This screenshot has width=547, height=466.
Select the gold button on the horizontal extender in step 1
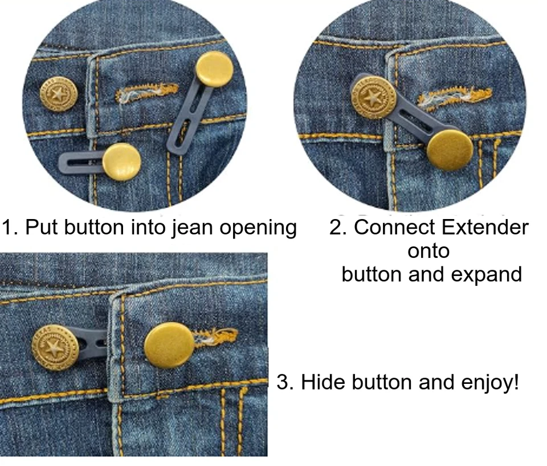pos(121,161)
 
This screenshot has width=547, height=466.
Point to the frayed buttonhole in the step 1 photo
pos(147,93)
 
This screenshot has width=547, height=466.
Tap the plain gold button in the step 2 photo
pos(450,148)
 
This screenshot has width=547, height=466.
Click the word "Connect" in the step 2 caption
pos(390,227)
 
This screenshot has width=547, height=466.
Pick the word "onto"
pos(428,250)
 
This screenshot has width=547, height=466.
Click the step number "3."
pos(285,382)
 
